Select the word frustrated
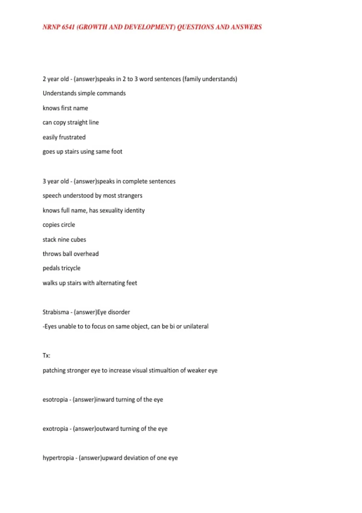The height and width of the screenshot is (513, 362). click(x=72, y=137)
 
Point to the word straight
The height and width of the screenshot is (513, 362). click(x=77, y=123)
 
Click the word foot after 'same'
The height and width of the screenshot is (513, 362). click(x=116, y=151)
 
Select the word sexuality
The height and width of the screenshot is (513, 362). click(x=111, y=210)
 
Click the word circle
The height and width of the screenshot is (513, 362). click(x=67, y=225)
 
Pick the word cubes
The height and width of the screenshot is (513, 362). click(x=78, y=240)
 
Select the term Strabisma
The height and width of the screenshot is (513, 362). click(x=56, y=312)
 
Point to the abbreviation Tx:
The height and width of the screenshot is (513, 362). click(x=46, y=355)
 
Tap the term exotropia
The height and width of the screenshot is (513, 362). click(x=55, y=429)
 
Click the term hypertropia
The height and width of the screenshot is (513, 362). click(x=58, y=458)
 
